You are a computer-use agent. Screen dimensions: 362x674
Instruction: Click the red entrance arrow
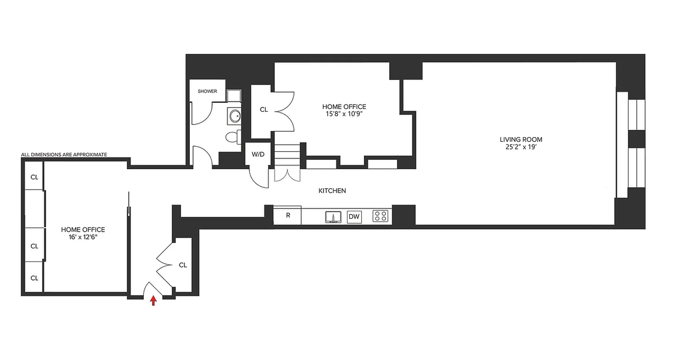(x=153, y=300)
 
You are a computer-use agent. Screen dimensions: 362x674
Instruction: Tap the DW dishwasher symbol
(x=354, y=217)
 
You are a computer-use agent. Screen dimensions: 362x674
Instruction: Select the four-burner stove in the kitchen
(x=381, y=216)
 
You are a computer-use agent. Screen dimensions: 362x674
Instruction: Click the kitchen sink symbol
(x=333, y=217)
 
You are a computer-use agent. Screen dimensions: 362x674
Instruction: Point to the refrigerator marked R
(x=288, y=216)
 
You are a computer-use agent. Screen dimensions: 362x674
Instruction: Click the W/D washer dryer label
(x=258, y=154)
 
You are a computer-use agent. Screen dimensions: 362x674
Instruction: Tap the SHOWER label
(x=207, y=91)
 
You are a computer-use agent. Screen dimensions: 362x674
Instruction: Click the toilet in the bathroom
(x=232, y=137)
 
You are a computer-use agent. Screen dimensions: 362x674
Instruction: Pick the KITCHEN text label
(x=332, y=191)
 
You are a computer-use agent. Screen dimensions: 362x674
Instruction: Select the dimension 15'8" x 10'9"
(x=344, y=114)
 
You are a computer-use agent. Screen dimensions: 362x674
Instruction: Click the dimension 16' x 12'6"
(x=83, y=237)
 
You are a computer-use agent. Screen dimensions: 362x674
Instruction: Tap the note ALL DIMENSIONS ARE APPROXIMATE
(x=64, y=155)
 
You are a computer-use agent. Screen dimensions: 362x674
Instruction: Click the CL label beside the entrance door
(x=183, y=265)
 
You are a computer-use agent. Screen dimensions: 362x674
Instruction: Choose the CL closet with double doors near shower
(x=264, y=110)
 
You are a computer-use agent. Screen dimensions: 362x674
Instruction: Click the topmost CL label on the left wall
(x=34, y=177)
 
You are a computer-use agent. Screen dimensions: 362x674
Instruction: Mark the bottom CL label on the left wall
(x=34, y=278)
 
